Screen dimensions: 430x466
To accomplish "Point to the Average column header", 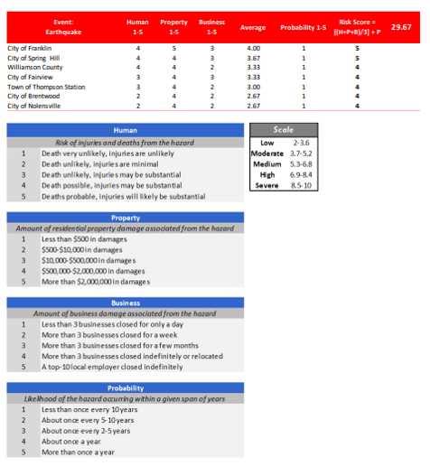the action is pos(253,27).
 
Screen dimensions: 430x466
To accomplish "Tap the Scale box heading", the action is pos(283,130).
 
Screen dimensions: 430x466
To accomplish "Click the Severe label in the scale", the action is pos(266,184).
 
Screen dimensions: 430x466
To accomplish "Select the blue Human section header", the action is pos(124,130).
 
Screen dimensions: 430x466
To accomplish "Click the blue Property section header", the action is pos(124,218).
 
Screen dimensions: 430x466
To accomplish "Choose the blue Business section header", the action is pos(124,303).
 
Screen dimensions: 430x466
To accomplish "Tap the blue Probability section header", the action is pos(124,387).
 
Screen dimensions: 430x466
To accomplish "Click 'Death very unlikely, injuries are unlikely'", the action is pos(100,154).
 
